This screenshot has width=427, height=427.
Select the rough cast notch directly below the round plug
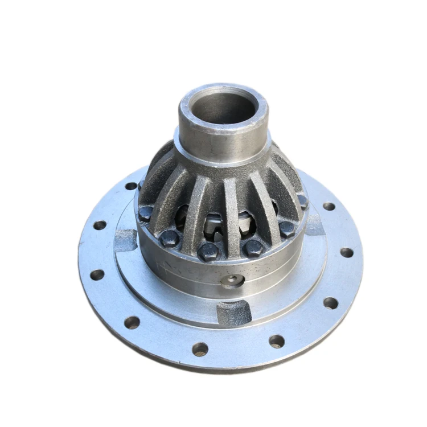click(234, 311)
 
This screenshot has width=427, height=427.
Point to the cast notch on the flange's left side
click(126, 239)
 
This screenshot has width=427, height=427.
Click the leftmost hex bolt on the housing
click(145, 214)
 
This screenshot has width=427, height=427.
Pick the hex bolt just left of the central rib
click(209, 251)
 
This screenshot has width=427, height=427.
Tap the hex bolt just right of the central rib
click(252, 248)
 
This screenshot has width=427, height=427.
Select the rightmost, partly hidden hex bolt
click(303, 201)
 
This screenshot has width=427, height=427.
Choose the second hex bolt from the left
click(169, 238)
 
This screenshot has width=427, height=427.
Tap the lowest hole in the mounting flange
click(200, 349)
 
